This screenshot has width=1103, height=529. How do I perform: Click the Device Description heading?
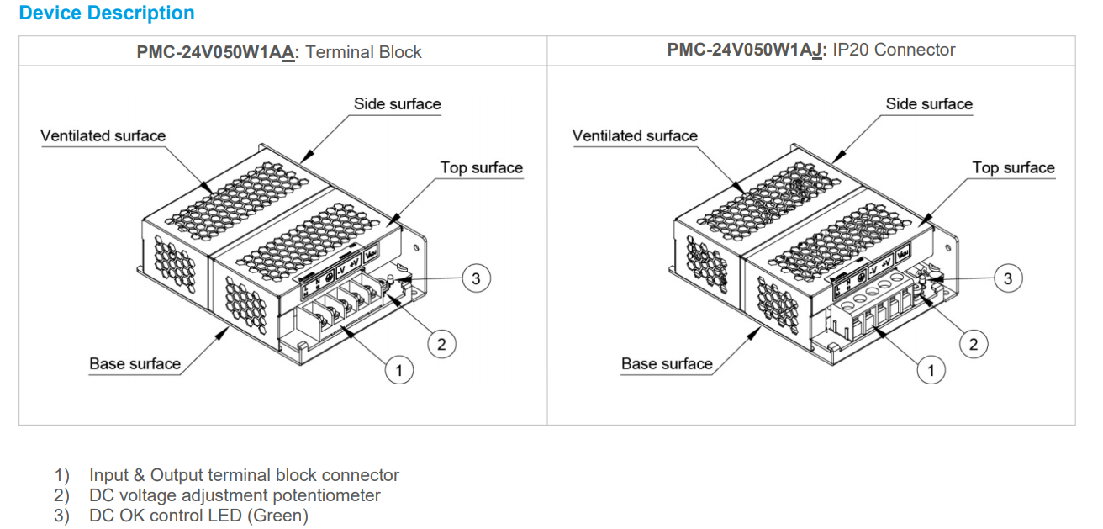coord(107,13)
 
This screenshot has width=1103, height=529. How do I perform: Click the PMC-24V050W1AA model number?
coord(216,52)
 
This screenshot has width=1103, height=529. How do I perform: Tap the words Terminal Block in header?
coord(364,52)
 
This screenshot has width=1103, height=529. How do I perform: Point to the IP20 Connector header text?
coord(894,50)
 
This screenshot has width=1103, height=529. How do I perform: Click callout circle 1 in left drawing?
coord(399,370)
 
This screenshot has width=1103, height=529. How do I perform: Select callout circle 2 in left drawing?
coord(441,343)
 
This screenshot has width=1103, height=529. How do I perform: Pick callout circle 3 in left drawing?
coord(477,278)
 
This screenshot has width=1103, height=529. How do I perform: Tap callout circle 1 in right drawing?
coord(931,370)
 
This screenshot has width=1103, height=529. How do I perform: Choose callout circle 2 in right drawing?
coord(974,343)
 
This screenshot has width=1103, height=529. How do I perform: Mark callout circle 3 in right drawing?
coord(1008,278)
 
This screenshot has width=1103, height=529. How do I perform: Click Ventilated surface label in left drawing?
coord(103,136)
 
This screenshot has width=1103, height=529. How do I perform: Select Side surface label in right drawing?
coord(929,104)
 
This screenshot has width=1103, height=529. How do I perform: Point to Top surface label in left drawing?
coord(482,168)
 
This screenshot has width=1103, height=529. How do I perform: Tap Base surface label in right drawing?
coord(667,364)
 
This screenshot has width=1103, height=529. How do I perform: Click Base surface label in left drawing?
coord(135,364)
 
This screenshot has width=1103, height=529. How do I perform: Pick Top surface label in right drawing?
coord(1013,168)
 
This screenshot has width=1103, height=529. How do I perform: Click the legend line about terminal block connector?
coord(244,476)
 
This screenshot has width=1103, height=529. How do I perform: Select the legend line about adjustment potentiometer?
coord(235,496)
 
